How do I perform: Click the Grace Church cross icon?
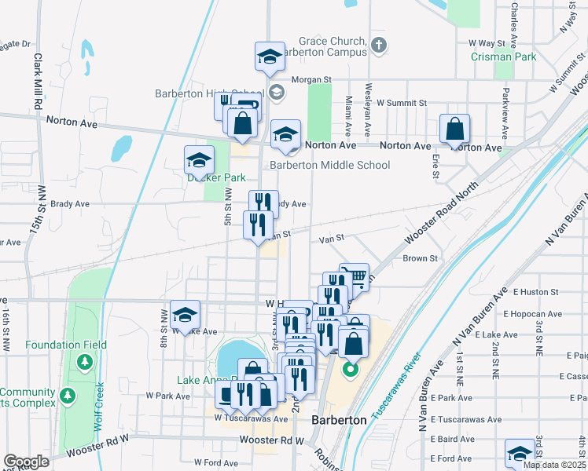(379, 45)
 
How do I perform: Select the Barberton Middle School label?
(329, 165)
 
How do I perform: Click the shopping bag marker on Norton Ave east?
(455, 130)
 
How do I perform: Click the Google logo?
(26, 462)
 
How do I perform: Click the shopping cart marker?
(355, 277)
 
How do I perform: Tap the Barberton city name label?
(340, 420)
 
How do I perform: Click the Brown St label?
(420, 258)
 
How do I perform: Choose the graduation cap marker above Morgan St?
(269, 57)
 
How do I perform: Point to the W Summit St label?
(401, 103)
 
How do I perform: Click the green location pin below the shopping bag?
(351, 368)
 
